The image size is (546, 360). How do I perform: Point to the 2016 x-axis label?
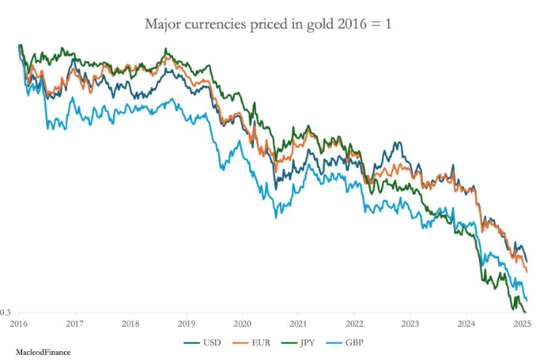click(18, 322)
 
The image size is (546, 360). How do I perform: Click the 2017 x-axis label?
click(74, 322)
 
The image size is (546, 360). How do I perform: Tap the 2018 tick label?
click(130, 322)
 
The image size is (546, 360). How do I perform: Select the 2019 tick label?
click(186, 322)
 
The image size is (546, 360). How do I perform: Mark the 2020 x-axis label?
click(242, 322)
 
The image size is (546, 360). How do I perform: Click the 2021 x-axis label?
click(298, 322)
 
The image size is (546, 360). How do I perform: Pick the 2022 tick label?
click(354, 322)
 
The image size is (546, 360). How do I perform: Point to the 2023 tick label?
click(410, 322)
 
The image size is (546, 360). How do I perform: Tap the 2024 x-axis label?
click(466, 322)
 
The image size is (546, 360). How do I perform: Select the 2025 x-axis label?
click(521, 322)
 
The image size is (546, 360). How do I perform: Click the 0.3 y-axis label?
click(5, 313)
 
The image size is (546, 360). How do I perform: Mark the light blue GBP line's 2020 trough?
click(276, 217)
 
